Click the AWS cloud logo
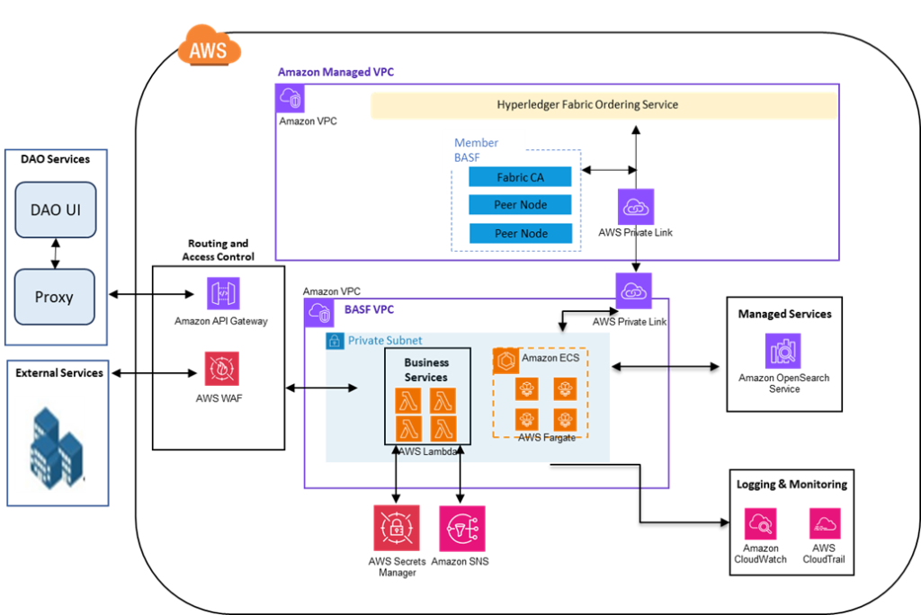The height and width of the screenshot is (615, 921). click(209, 44)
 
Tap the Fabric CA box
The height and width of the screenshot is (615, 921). click(520, 177)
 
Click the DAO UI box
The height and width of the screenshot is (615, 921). click(55, 210)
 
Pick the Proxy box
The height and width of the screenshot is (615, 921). click(54, 297)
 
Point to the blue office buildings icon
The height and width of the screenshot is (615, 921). click(50, 444)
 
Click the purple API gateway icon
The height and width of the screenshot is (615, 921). click(223, 293)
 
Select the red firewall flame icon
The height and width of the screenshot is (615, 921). click(222, 368)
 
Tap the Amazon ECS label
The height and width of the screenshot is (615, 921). click(550, 358)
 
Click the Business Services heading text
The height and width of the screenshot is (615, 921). click(426, 370)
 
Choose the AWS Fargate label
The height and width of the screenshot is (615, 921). click(547, 437)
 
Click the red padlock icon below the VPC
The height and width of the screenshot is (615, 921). click(397, 528)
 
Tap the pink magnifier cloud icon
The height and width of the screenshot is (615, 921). click(760, 523)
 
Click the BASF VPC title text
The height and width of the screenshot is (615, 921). click(369, 310)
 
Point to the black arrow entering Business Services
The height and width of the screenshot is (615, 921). click(342, 388)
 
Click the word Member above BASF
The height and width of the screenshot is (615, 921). click(476, 143)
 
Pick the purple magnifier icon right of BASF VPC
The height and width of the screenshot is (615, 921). click(782, 351)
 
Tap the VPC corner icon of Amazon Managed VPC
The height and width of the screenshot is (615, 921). click(291, 99)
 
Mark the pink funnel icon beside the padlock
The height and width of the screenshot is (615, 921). click(462, 528)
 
